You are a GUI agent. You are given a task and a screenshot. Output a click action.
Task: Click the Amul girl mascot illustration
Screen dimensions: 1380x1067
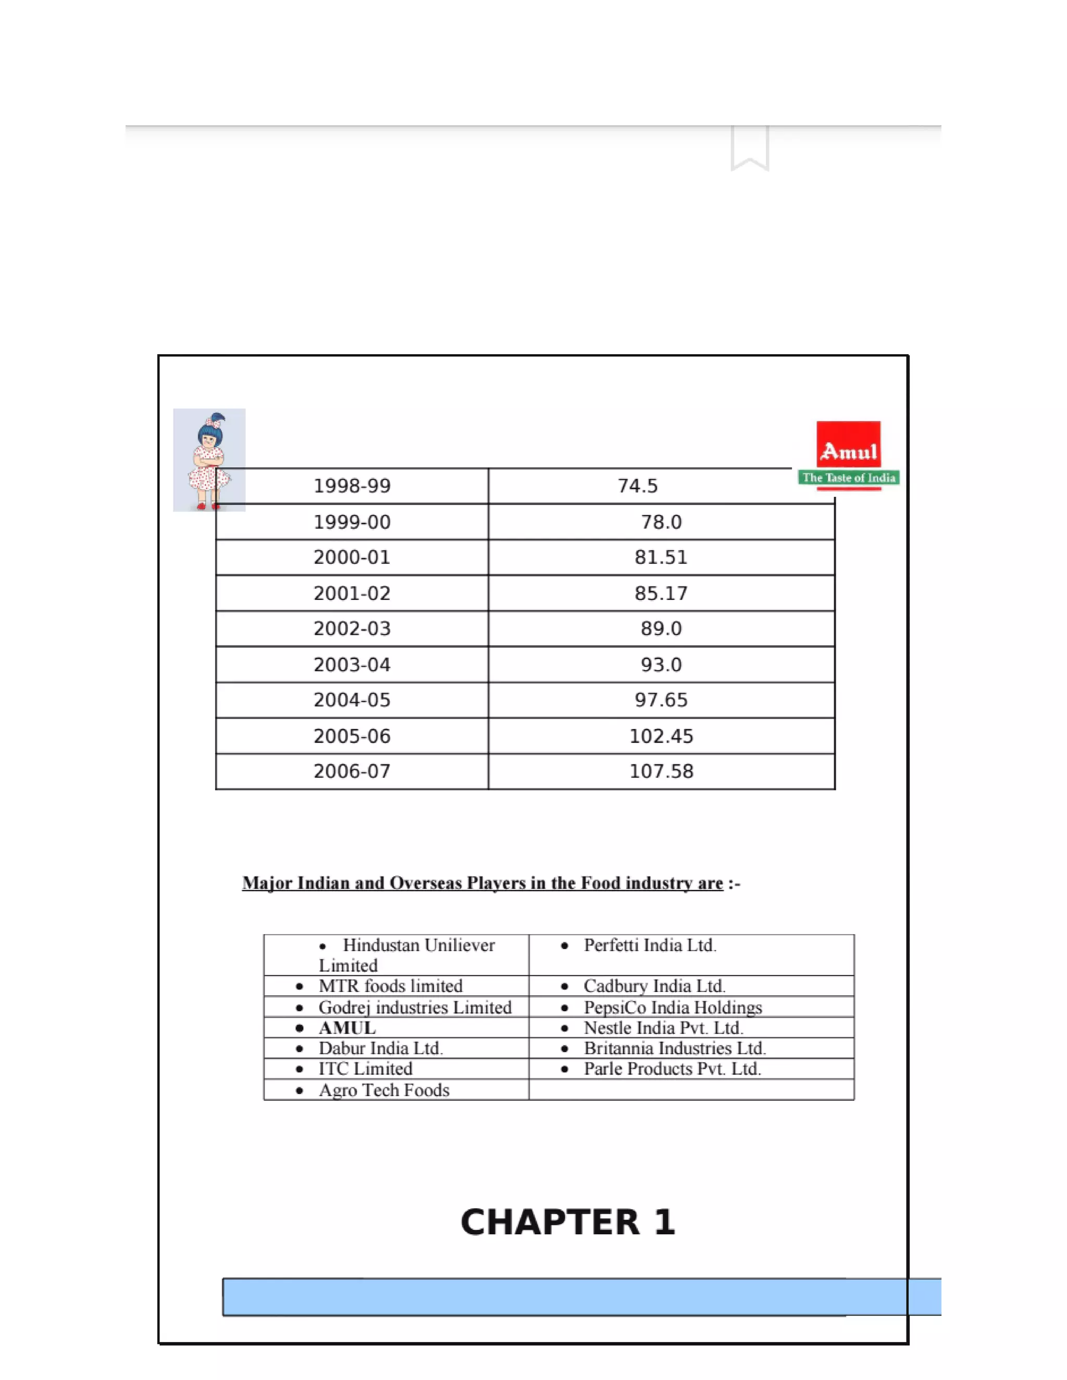[208, 459]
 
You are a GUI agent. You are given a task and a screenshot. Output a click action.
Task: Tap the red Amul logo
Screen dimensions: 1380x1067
[848, 445]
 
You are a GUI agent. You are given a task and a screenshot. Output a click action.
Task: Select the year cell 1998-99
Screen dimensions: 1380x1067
[352, 486]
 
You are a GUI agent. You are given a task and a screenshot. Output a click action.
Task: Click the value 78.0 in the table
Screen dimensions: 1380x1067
[661, 522]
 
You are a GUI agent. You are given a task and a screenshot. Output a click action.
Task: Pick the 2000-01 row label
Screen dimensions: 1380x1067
[352, 557]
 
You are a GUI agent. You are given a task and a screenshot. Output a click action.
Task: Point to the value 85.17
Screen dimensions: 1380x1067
[661, 593]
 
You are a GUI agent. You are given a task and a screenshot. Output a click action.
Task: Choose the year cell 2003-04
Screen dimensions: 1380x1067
[352, 664]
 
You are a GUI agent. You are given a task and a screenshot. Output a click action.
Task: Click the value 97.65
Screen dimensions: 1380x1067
[661, 700]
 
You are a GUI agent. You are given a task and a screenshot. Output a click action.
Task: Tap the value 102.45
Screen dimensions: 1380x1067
[661, 736]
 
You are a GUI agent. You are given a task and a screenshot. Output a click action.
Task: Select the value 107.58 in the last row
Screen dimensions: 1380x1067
[661, 772]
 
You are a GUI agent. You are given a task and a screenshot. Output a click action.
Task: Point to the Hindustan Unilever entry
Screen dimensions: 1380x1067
[407, 955]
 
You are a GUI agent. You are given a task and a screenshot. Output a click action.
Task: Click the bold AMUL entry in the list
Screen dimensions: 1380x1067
[347, 1028]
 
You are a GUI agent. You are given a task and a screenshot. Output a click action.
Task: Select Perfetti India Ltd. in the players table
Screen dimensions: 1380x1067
[650, 945]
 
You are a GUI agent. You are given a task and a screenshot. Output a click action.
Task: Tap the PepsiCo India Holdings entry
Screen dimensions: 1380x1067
[673, 1007]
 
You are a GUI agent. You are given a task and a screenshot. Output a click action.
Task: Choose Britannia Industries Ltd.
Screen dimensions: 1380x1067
[675, 1048]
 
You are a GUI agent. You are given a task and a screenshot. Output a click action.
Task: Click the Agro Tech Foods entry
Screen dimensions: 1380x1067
[383, 1090]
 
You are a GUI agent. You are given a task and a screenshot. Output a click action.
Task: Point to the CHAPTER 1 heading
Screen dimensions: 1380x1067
[568, 1222]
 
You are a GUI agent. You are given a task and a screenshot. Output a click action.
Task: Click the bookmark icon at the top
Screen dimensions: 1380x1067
[750, 148]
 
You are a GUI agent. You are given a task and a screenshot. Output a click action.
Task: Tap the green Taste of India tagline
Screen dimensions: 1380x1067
[849, 478]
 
